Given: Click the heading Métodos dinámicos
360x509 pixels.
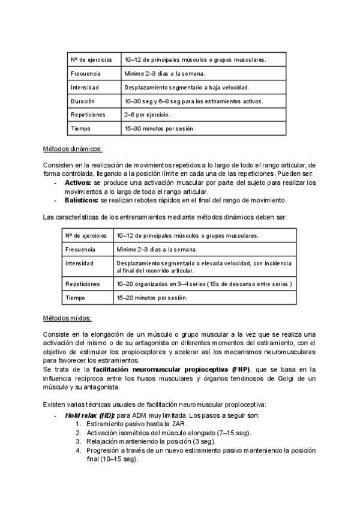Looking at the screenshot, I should [73, 149].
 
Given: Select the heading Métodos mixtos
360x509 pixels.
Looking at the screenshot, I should [68, 318].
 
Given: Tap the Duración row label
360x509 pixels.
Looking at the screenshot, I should [83, 101].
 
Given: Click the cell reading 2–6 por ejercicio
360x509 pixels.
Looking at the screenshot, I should [147, 115].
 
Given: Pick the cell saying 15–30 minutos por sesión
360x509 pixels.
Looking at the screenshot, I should [160, 128].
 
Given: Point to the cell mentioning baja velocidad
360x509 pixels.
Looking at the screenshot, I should [187, 88].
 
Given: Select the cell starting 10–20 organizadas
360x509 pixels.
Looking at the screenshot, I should [204, 283].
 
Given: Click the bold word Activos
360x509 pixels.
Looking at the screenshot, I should [78, 182].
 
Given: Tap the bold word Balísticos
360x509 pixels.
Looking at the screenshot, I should [82, 200].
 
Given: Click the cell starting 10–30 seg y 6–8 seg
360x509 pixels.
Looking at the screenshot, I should [194, 101].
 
